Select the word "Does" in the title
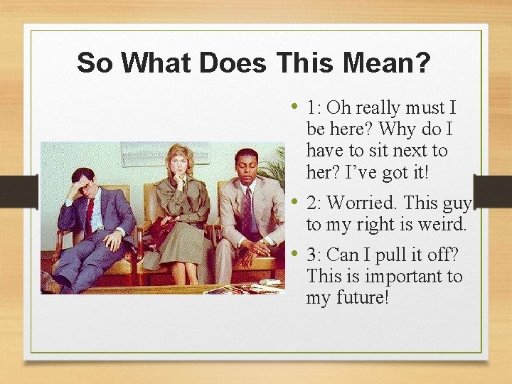[x=233, y=63]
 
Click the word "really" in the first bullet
[x=378, y=109]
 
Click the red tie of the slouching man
[x=89, y=214]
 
